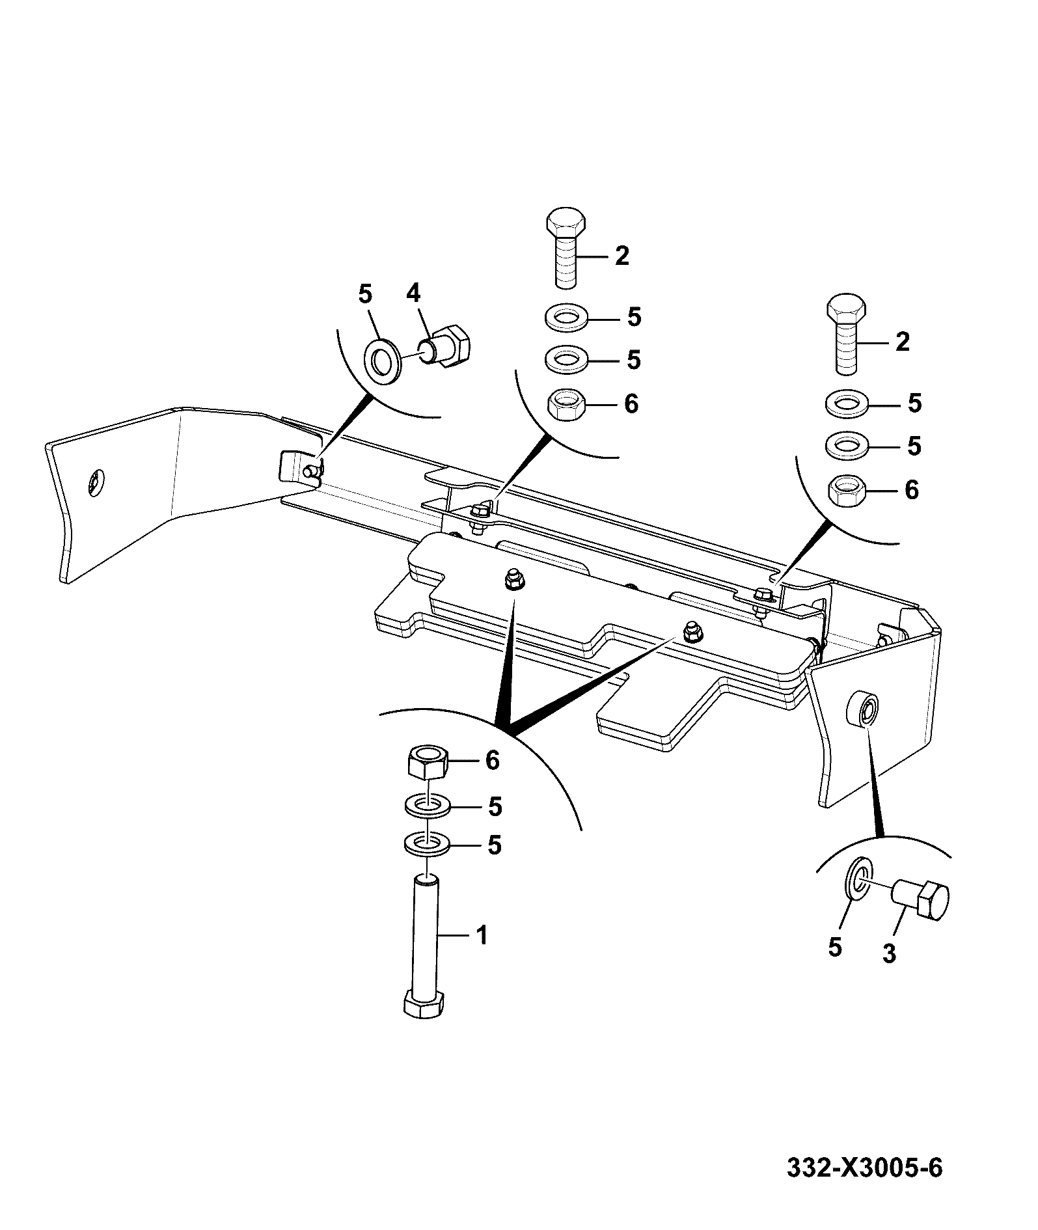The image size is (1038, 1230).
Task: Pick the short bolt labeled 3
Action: (x=921, y=900)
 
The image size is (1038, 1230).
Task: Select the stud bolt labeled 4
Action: (x=450, y=348)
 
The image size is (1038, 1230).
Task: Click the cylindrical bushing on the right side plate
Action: (x=862, y=711)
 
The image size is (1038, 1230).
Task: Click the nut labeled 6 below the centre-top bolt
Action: (x=566, y=405)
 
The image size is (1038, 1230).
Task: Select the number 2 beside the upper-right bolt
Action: (x=902, y=341)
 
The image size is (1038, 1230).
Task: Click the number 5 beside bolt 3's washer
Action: (x=835, y=947)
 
